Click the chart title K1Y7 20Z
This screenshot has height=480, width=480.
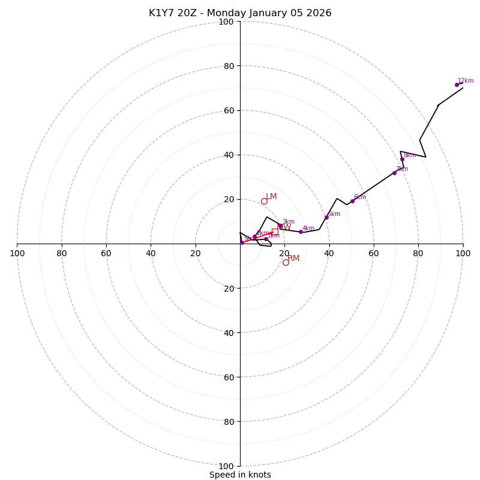(240, 13)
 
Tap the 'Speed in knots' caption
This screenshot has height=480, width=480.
(240, 475)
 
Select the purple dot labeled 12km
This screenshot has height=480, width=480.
(457, 85)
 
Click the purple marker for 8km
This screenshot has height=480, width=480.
(402, 159)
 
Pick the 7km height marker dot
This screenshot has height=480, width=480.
(394, 173)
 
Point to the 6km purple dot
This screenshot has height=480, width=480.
(352, 201)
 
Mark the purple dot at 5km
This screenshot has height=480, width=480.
(326, 217)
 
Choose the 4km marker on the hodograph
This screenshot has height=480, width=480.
(301, 232)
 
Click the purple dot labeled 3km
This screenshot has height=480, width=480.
(280, 226)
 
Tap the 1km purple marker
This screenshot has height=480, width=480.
(266, 239)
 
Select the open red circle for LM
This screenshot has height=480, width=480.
(264, 201)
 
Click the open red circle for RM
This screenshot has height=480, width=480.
(286, 262)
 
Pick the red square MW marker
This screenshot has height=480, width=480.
(275, 232)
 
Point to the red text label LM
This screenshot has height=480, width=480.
(272, 197)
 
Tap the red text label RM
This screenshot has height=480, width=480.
(293, 259)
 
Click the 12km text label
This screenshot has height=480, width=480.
(466, 81)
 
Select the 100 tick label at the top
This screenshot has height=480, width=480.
(226, 22)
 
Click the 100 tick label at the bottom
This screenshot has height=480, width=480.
(226, 466)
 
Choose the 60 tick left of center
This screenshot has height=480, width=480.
(106, 253)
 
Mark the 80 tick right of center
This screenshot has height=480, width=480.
(418, 253)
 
